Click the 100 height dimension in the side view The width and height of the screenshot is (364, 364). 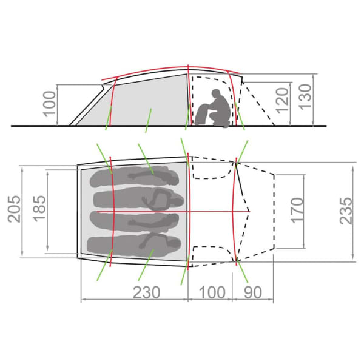click(50, 104)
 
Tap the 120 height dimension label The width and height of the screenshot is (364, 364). click(283, 101)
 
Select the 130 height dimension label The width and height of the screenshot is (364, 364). click(305, 96)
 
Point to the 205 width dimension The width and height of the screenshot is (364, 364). click(14, 209)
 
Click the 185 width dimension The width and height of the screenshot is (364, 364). click(39, 209)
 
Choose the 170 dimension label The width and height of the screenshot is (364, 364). click(297, 211)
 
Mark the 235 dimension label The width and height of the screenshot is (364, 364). click(346, 211)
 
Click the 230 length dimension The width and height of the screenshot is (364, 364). click(146, 292)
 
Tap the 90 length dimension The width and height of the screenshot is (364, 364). click(253, 292)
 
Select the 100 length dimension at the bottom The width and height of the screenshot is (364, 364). click(212, 292)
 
